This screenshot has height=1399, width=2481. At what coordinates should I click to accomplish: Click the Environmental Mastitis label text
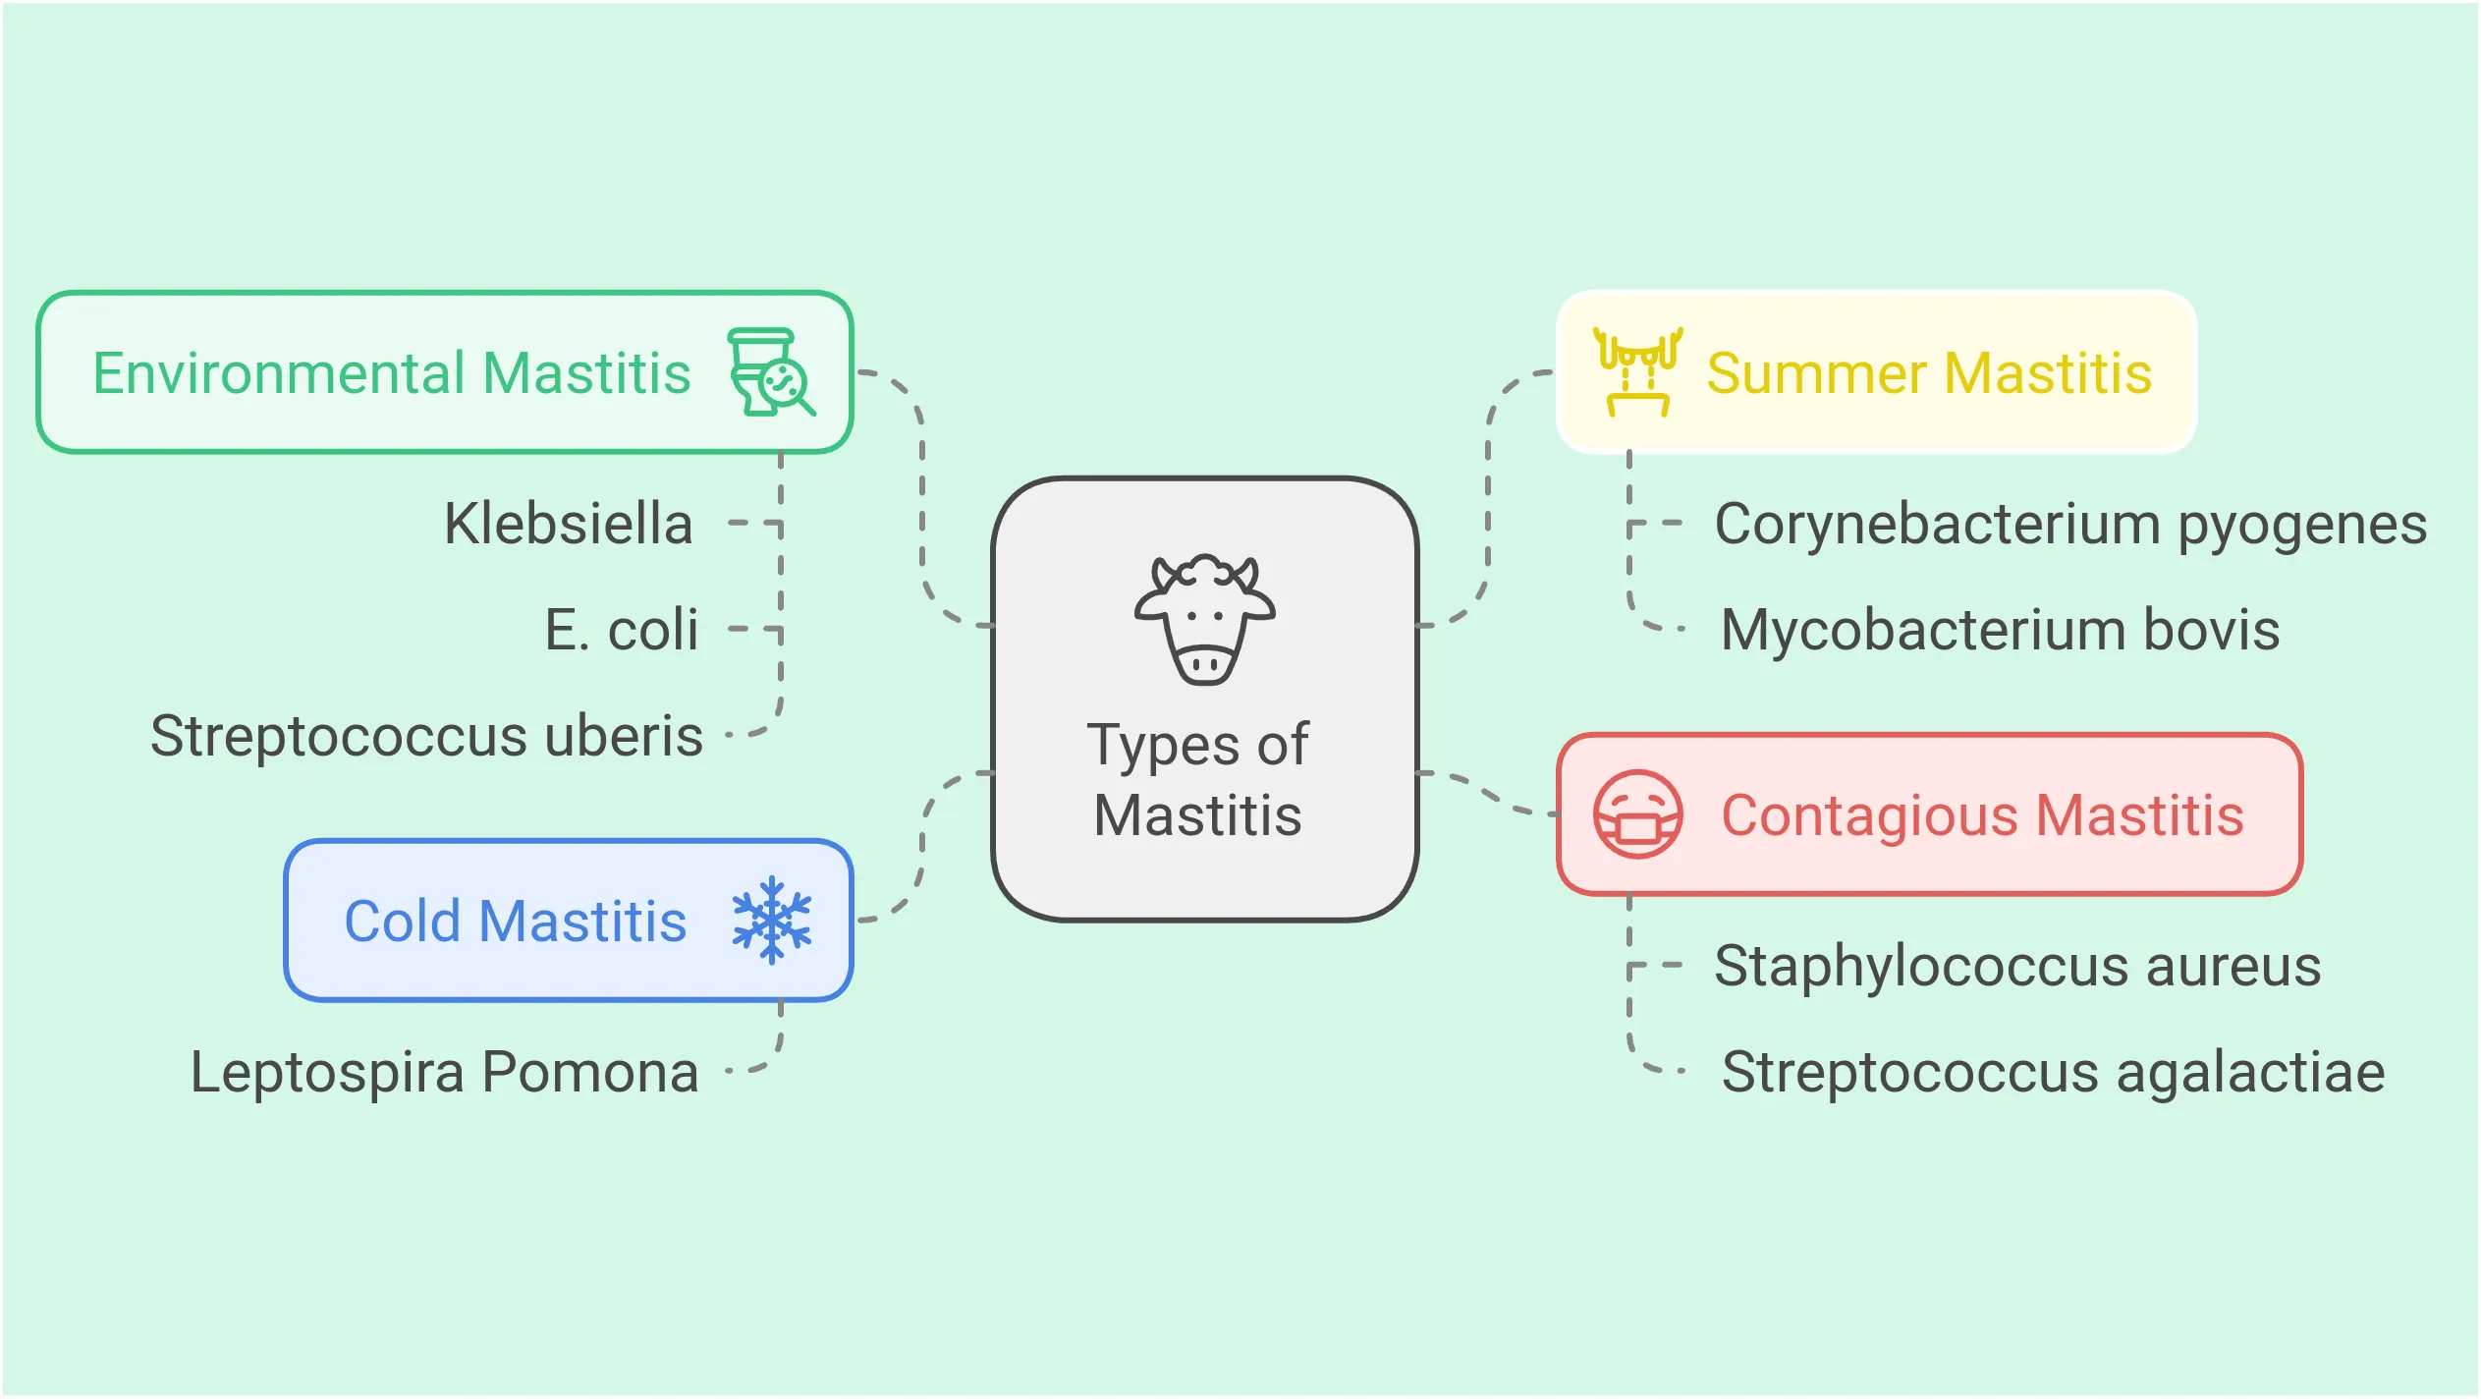click(x=391, y=373)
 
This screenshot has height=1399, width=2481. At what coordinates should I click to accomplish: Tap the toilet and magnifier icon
click(x=771, y=373)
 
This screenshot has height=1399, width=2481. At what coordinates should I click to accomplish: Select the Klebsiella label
click(x=568, y=524)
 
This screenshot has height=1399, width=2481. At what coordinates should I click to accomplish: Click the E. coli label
click(x=621, y=630)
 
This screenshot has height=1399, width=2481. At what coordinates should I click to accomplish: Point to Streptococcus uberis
click(x=426, y=736)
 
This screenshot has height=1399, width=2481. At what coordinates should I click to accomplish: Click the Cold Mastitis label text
click(x=515, y=922)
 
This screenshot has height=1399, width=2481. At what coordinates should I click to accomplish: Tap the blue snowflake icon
click(x=772, y=920)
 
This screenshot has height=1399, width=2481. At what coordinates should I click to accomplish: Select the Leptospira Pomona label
click(x=444, y=1072)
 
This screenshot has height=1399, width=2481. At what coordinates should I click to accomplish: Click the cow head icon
click(x=1204, y=619)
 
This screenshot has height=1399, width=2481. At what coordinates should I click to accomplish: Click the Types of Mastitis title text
click(x=1198, y=779)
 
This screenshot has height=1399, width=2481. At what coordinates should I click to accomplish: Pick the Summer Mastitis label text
click(x=1929, y=373)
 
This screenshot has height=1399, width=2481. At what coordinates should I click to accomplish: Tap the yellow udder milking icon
click(x=1637, y=372)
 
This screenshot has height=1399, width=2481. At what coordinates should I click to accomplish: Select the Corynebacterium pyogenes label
click(x=2070, y=524)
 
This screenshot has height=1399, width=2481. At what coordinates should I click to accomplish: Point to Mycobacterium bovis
click(x=2000, y=630)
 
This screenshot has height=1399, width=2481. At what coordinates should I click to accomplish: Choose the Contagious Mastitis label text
click(x=1982, y=815)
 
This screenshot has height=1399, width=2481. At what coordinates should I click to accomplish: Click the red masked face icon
click(x=1637, y=814)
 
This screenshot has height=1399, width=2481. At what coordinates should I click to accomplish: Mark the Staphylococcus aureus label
click(x=2017, y=966)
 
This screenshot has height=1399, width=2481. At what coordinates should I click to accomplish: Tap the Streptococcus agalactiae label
click(x=2053, y=1072)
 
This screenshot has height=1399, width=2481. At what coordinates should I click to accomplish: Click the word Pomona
click(x=590, y=1072)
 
